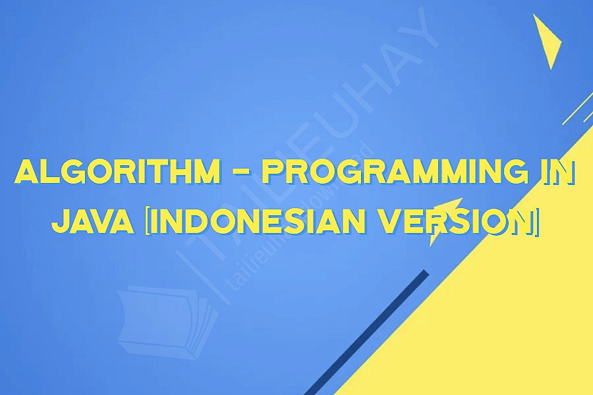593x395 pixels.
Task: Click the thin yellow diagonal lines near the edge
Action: [x=577, y=109]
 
